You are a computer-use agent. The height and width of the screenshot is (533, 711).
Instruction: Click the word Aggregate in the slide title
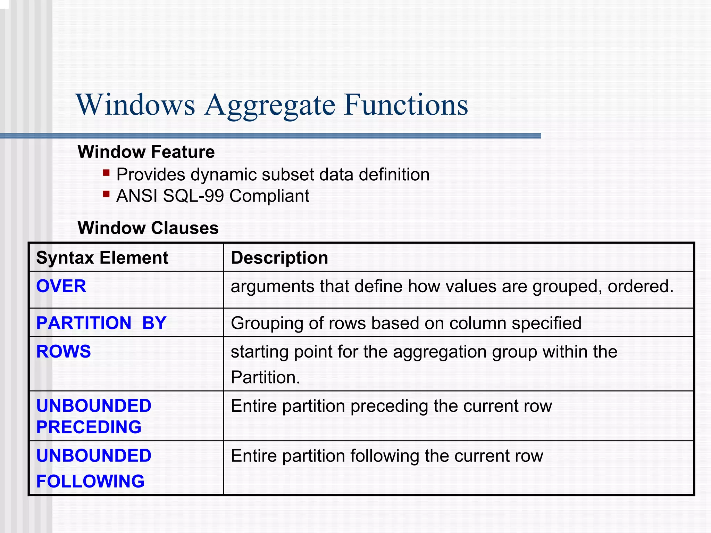click(270, 105)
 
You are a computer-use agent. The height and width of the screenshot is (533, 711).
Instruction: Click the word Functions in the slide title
click(406, 105)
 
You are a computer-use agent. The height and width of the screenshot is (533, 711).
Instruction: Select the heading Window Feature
click(146, 152)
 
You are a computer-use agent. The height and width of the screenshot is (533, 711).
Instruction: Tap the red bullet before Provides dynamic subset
click(106, 172)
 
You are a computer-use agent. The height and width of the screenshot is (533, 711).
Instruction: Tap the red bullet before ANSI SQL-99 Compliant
click(106, 194)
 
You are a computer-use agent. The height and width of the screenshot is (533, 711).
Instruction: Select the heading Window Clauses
click(148, 228)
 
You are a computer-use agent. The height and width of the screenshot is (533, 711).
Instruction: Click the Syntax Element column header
click(102, 258)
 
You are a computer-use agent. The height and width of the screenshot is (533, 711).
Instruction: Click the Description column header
click(279, 258)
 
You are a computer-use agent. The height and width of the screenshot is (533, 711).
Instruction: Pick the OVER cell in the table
click(61, 286)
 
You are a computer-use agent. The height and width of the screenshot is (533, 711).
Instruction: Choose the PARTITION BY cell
click(101, 323)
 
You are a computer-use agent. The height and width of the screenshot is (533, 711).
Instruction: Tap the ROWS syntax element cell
click(64, 352)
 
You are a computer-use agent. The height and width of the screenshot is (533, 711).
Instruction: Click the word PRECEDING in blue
click(89, 427)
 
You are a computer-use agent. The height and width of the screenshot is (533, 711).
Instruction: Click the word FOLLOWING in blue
click(90, 482)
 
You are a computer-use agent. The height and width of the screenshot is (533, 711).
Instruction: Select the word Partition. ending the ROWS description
click(265, 377)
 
